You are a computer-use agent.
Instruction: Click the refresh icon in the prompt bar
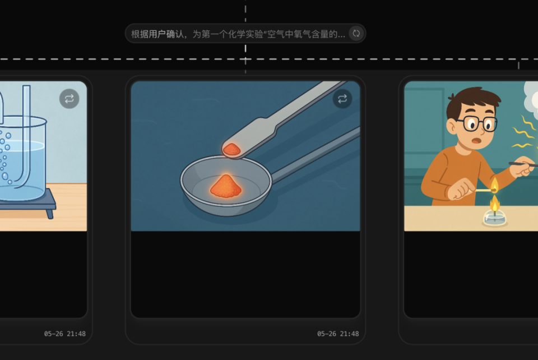(x=356, y=34)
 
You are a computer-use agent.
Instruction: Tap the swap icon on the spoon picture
(x=342, y=99)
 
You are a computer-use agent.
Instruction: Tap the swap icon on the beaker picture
(x=69, y=99)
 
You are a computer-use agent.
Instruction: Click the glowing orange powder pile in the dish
(x=226, y=186)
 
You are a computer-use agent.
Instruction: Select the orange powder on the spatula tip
(x=232, y=149)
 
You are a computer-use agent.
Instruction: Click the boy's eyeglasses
(x=475, y=124)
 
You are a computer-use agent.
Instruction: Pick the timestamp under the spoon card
(x=338, y=334)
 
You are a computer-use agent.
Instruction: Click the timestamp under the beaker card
(x=65, y=334)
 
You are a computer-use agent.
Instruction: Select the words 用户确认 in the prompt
(x=166, y=34)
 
